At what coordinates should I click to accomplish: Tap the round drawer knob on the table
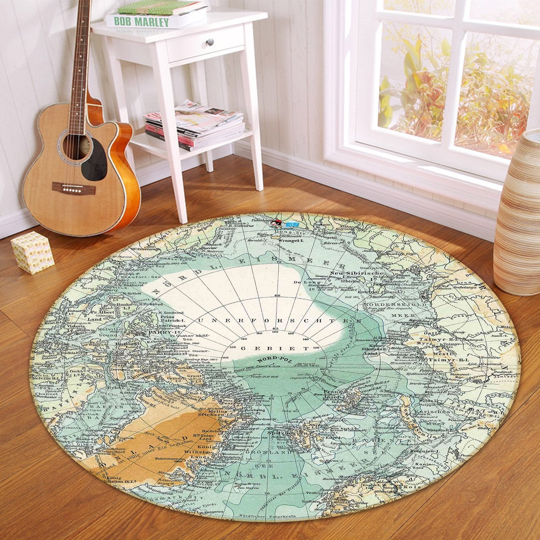210,41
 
